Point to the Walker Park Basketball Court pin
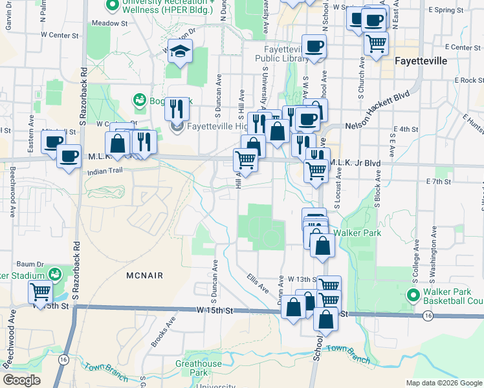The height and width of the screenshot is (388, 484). click(414, 296)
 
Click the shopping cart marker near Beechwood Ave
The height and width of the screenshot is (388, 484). click(41, 292)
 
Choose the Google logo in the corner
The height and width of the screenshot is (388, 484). click(21, 380)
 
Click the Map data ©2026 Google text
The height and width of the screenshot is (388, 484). click(443, 383)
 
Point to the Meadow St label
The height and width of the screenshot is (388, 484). click(109, 23)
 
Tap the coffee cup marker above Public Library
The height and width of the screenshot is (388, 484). click(314, 46)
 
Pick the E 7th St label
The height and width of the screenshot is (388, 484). click(438, 182)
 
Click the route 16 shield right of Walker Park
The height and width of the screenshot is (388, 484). click(428, 316)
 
